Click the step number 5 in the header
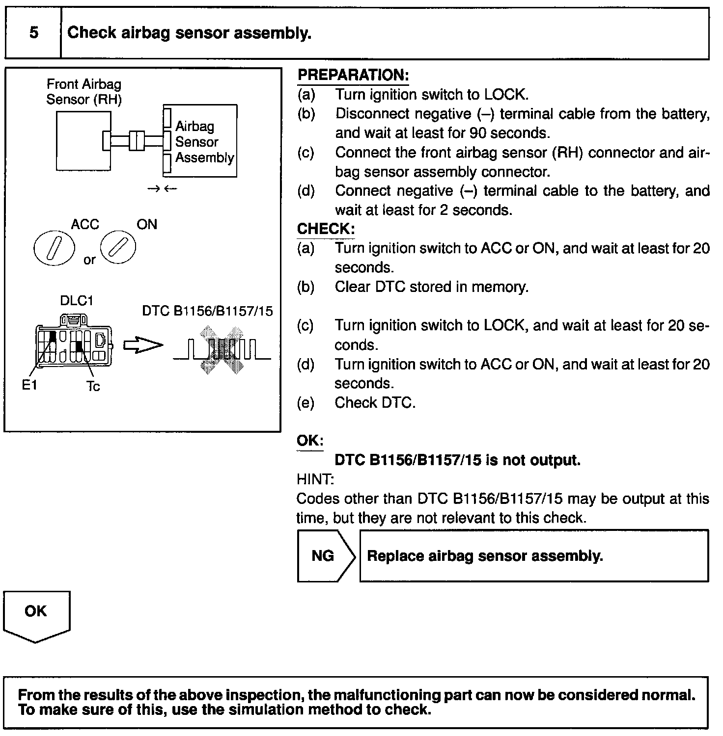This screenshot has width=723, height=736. point(33,33)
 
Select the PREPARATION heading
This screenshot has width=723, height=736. point(353,75)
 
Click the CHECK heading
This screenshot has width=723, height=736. point(325,229)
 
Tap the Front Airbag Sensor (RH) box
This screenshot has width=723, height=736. point(83,141)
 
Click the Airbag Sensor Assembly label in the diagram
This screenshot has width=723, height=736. point(204,142)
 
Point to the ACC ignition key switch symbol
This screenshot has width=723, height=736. point(55,248)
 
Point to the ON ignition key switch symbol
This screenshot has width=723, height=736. point(118,247)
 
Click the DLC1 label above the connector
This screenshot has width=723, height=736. point(77,300)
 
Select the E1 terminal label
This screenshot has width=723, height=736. point(29,386)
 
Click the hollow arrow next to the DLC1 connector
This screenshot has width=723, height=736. point(142,345)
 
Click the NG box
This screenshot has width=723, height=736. point(323,556)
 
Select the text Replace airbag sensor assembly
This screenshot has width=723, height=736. point(485,556)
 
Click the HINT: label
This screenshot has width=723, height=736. point(315,479)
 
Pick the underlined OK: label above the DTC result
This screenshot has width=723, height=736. point(310,441)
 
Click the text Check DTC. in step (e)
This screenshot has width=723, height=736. point(375,403)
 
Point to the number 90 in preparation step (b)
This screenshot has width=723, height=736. point(477,133)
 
